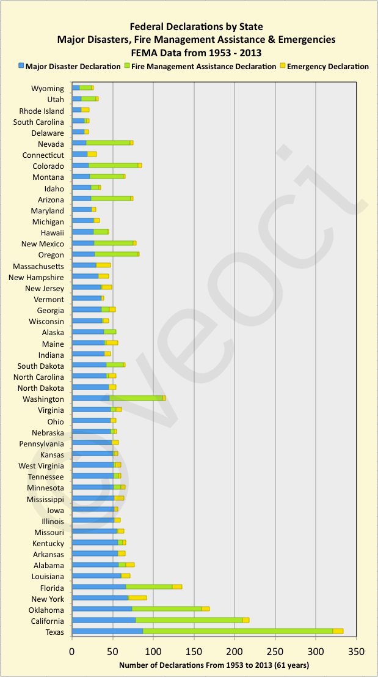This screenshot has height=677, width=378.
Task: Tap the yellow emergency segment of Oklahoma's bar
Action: point(206,609)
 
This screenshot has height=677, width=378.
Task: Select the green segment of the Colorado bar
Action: point(113,166)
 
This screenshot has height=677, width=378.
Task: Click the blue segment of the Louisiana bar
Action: point(96,576)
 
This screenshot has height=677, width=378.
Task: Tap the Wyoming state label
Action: point(48,89)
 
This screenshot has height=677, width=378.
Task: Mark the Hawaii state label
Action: point(51,232)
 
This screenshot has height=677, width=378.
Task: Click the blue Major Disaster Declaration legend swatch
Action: point(21,65)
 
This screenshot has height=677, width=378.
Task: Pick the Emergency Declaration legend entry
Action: point(327,65)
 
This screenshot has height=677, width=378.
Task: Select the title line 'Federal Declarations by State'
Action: point(197,27)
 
